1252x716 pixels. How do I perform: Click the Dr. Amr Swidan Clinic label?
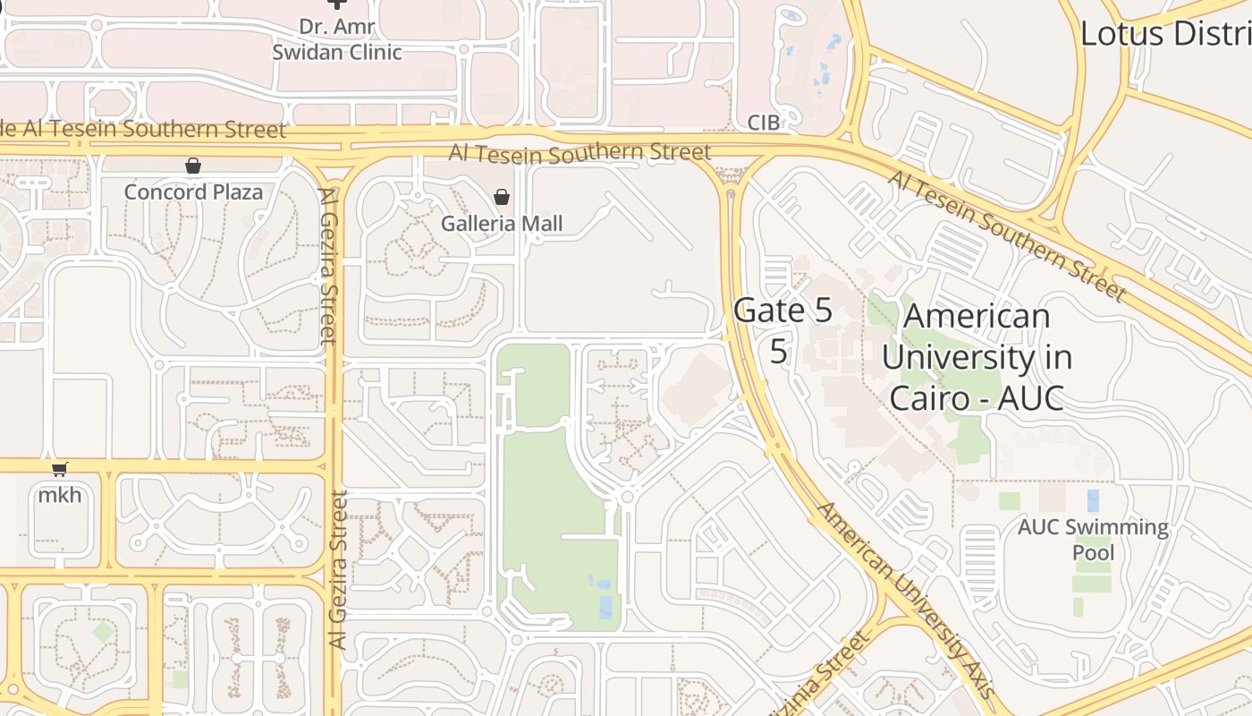coord(337,39)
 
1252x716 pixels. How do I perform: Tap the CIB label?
coord(764,123)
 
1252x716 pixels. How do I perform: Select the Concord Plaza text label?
coord(193,192)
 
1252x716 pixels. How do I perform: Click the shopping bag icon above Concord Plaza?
coord(192,166)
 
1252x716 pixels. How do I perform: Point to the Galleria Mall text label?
coord(502,223)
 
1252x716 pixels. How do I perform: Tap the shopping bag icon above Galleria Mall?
coord(502,197)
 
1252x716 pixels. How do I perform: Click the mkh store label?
coord(60,494)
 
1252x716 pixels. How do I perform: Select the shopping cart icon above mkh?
coord(60,470)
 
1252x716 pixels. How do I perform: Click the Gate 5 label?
coord(782,311)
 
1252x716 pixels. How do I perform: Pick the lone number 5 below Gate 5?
coord(779,352)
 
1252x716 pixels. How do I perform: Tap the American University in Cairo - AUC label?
coord(977,357)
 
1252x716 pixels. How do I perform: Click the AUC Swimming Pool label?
coord(1093,539)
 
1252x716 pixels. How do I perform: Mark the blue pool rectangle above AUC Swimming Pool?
coord(1093,500)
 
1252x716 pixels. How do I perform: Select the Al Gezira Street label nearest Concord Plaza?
coord(327,266)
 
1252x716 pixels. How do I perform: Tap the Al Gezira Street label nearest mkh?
coord(337,569)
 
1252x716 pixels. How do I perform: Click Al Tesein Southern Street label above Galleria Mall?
coord(580,153)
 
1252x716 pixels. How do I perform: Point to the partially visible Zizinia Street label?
coord(836,676)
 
